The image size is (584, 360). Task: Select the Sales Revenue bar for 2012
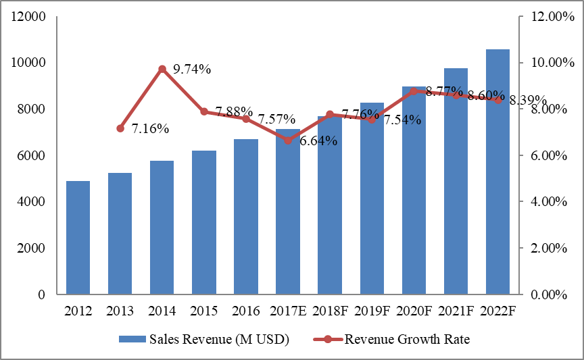coord(78,238)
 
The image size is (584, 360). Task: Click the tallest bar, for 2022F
coord(497,172)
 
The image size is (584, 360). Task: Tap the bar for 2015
coord(204,223)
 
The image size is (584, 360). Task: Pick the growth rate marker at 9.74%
coord(162,69)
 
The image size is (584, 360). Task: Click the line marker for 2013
coord(120,128)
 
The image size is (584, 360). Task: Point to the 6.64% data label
coord(319,141)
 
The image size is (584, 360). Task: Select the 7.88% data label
coord(234,111)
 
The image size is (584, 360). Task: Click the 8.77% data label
coord(444,91)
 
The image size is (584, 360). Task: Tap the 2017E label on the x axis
coord(288,311)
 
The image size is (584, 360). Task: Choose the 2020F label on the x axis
coord(414,311)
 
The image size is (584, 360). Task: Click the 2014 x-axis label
coord(162,311)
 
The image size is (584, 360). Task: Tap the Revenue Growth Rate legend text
coord(407,340)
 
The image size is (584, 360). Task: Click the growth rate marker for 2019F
coord(372,120)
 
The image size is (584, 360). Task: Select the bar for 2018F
coord(330,205)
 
